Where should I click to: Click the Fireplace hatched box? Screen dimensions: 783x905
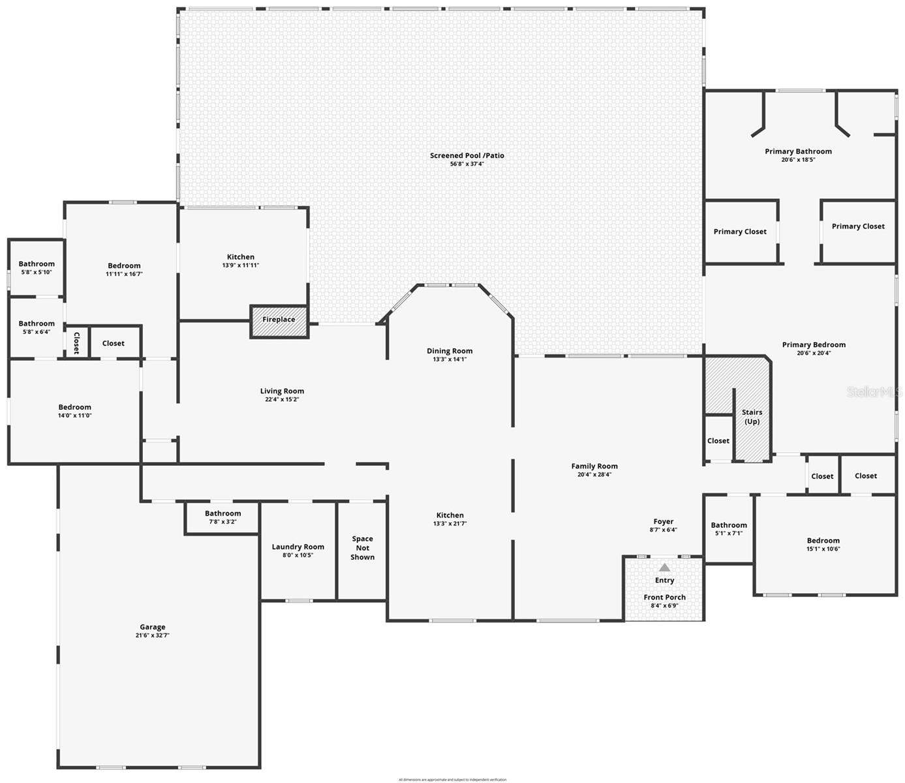point(279,320)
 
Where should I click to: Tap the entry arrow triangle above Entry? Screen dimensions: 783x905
point(664,568)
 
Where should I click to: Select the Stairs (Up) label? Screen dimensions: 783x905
point(752,416)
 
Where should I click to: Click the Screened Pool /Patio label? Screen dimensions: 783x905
point(467,155)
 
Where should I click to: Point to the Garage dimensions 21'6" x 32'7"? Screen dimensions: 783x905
point(153,636)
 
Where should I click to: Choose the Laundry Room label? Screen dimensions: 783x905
point(298,547)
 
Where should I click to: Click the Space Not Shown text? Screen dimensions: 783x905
point(362,548)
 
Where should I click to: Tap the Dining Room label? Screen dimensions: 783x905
point(450,351)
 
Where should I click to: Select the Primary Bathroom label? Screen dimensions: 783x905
point(798,151)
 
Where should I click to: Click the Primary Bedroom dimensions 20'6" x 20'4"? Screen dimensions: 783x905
point(814,354)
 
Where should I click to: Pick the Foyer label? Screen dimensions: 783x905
point(663,521)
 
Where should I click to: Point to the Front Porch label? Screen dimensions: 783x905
point(664,597)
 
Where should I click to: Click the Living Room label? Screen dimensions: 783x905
point(282,391)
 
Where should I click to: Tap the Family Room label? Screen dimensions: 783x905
point(594,466)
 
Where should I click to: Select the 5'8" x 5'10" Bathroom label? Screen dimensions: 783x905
point(37,264)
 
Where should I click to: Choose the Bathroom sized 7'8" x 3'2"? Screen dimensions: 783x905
point(222,514)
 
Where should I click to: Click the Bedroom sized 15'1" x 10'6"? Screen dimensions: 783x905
point(823,540)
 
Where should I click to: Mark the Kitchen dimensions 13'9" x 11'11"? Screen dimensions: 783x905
point(240,266)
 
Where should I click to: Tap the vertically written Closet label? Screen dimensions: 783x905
point(76,343)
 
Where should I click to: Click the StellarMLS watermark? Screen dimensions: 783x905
point(874,392)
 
